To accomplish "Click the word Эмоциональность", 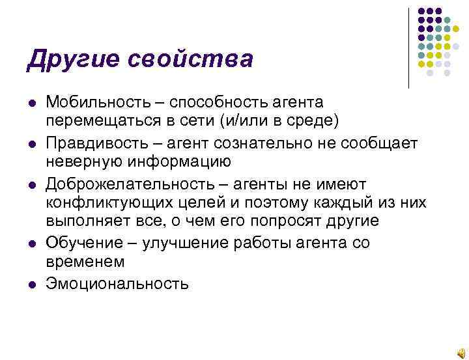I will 117,283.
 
